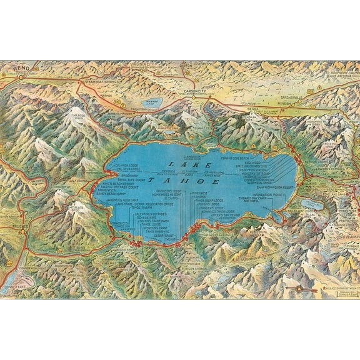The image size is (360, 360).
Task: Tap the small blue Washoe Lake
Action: pos(147,102)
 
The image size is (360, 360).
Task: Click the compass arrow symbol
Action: pos(301,289)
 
